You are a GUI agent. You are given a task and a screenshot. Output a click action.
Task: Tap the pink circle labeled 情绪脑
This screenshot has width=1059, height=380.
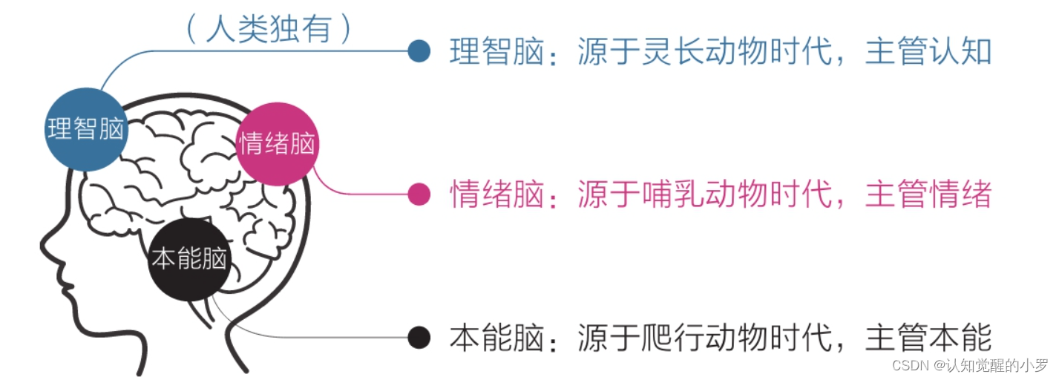pyautogui.click(x=277, y=144)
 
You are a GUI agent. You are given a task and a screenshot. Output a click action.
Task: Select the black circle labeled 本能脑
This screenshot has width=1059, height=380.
pyautogui.click(x=189, y=259)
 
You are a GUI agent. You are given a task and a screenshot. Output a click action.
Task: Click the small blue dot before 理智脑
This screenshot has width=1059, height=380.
pyautogui.click(x=419, y=51)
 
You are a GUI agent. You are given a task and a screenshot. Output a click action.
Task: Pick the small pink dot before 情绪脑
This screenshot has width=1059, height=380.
pyautogui.click(x=419, y=194)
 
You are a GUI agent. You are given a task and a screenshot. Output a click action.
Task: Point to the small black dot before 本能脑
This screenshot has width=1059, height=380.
pyautogui.click(x=419, y=338)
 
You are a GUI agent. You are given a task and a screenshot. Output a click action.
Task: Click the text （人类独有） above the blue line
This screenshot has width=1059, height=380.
pyautogui.click(x=268, y=30)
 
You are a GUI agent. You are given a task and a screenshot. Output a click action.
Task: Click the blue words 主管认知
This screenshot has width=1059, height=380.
pyautogui.click(x=928, y=51)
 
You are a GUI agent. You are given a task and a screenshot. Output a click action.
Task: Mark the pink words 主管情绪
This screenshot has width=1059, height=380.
pyautogui.click(x=928, y=194)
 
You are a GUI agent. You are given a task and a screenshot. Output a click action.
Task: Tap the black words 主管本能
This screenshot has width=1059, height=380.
pyautogui.click(x=928, y=338)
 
